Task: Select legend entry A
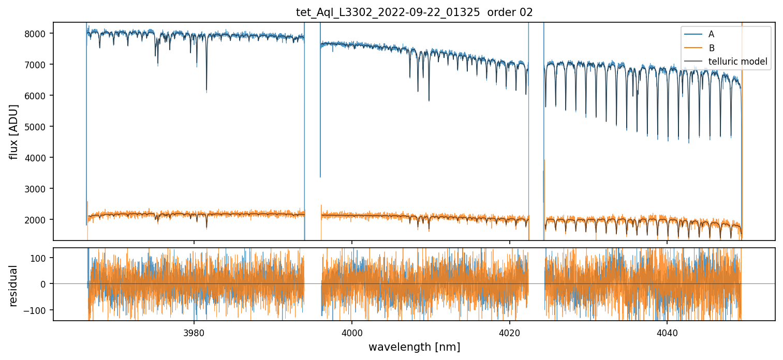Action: (x=711, y=34)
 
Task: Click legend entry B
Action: (x=711, y=48)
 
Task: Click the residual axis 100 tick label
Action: (x=41, y=258)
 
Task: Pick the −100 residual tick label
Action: (x=39, y=310)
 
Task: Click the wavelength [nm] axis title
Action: (x=414, y=347)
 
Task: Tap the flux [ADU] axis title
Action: (x=14, y=131)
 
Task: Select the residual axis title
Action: (x=14, y=285)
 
